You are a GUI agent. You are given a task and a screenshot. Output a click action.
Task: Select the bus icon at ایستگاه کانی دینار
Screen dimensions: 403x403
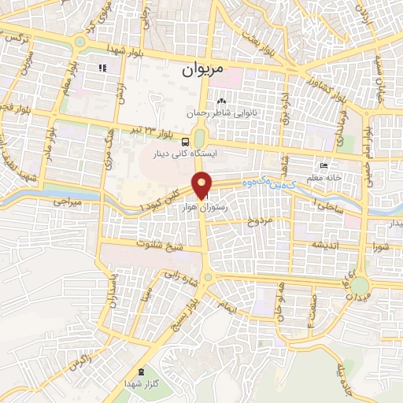[x=184, y=142]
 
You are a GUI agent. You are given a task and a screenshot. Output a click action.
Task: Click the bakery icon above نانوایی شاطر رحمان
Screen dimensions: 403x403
[x=221, y=102]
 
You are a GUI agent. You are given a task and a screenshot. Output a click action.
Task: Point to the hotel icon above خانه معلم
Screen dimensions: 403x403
[x=323, y=166]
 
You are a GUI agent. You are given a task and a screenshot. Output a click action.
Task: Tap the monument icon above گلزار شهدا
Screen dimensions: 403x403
[x=141, y=372]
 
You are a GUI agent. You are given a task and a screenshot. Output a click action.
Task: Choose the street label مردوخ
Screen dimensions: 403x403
[x=259, y=222]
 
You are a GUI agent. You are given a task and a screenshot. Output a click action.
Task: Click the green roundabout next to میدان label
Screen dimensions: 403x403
[x=360, y=284]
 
